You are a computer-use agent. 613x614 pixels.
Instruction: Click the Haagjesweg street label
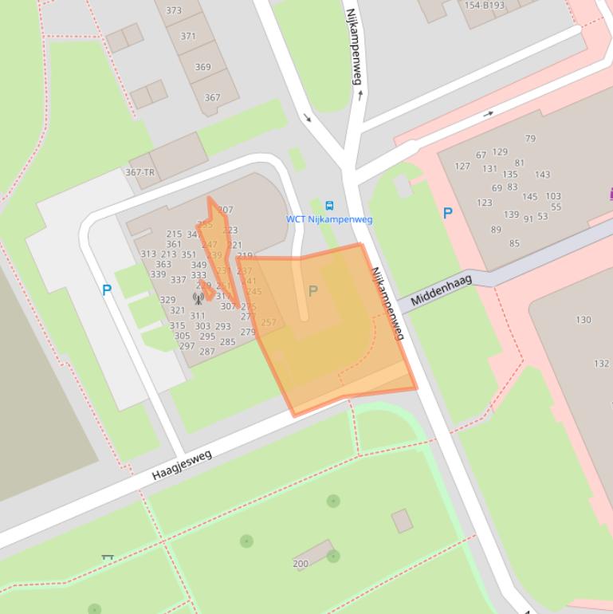point(182,465)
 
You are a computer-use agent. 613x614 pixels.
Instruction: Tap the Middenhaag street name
point(442,291)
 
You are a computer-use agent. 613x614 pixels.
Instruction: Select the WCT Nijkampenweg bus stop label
point(329,219)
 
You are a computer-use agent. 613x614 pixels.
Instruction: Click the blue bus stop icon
point(330,206)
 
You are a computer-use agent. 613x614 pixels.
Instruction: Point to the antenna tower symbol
point(198,299)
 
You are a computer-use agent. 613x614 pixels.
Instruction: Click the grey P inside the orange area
point(312,292)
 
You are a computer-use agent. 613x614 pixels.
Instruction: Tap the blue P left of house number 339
point(107,291)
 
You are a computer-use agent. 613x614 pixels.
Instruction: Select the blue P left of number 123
point(447,214)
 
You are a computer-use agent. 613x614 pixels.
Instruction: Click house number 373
point(174,11)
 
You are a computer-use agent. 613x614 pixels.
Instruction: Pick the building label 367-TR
point(140,172)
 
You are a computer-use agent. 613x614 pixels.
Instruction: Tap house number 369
point(202,67)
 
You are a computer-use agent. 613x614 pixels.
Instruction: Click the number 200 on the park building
point(301,564)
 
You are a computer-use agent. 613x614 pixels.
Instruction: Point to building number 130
point(584,320)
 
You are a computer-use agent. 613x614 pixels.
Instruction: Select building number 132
point(601,364)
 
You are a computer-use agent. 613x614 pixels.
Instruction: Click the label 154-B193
point(484,6)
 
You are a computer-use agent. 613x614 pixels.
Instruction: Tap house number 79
point(530,139)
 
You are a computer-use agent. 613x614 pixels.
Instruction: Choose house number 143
point(542,175)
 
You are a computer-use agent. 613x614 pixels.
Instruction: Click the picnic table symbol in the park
point(108,557)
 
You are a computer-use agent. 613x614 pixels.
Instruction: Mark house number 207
point(226,210)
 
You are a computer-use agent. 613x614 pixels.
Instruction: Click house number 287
point(207,352)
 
